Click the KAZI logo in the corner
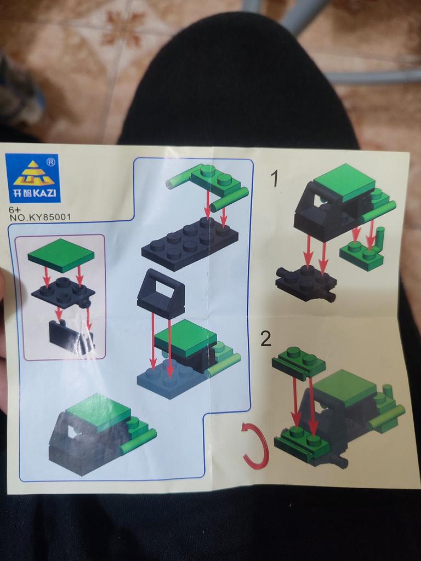point(32,178)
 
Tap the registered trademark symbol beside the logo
point(51,162)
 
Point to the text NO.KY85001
point(40,217)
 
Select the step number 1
point(274,179)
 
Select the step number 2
point(266,339)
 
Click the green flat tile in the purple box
point(61,255)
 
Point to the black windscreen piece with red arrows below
point(161,294)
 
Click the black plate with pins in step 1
point(306,283)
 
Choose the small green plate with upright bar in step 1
point(362,250)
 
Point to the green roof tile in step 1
point(344,182)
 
